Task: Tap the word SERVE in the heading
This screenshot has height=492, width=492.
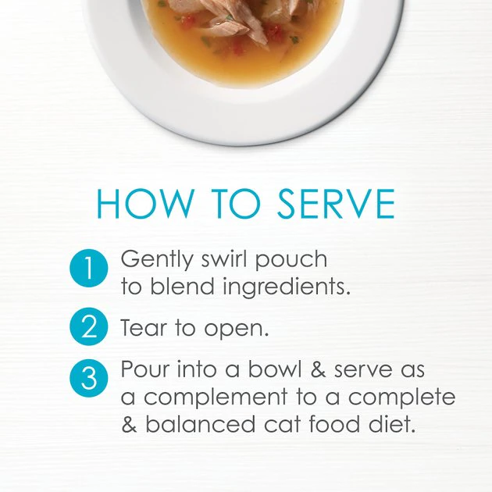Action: [x=336, y=203]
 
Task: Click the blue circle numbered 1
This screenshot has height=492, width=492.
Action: [x=89, y=268]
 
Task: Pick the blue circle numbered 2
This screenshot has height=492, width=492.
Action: [x=89, y=326]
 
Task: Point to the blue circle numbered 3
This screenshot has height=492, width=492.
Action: [x=89, y=378]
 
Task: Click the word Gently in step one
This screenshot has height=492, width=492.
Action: [x=156, y=260]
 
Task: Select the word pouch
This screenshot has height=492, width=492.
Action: [x=291, y=260]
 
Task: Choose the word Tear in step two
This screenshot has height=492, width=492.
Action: [x=144, y=327]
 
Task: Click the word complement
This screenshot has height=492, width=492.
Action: [x=216, y=398]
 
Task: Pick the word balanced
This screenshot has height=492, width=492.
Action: [x=201, y=423]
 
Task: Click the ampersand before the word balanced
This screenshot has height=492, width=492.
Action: [x=129, y=424]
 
